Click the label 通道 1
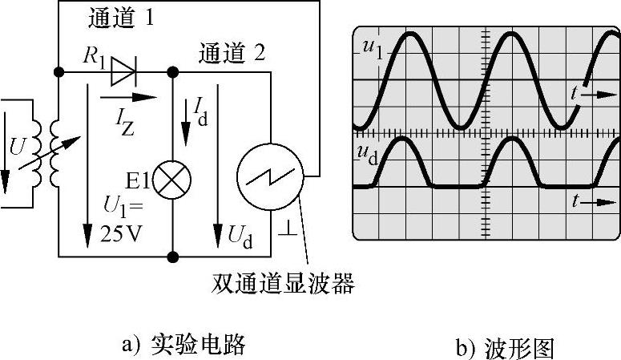(119, 18)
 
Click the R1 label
(93, 56)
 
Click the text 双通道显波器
(283, 283)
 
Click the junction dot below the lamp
(171, 257)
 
